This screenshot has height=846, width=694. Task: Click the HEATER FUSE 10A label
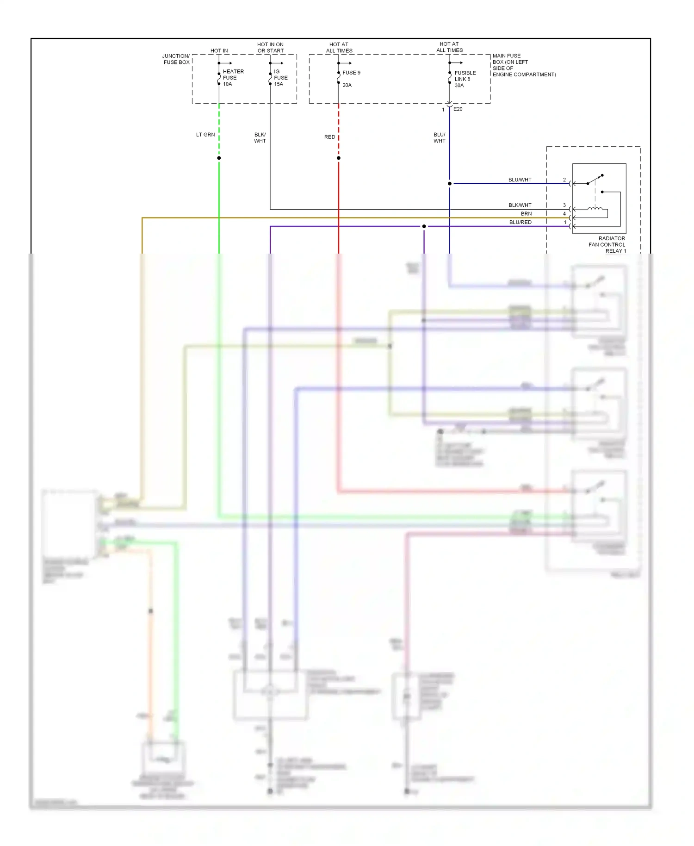pyautogui.click(x=233, y=78)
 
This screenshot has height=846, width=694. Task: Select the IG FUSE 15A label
pyautogui.click(x=280, y=78)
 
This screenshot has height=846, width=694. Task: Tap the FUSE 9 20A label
pyautogui.click(x=351, y=79)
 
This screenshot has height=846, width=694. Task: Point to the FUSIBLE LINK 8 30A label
pyautogui.click(x=465, y=79)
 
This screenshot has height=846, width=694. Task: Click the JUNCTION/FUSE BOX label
pyautogui.click(x=176, y=59)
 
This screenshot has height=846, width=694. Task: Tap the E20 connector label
pyautogui.click(x=458, y=109)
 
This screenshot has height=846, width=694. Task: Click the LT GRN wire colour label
pyautogui.click(x=205, y=135)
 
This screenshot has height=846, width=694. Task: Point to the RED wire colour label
pyautogui.click(x=329, y=137)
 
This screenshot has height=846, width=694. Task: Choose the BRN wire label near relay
pyautogui.click(x=526, y=214)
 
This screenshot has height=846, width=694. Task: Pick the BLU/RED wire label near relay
pyautogui.click(x=520, y=222)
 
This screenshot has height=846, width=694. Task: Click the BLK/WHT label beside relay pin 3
pyautogui.click(x=520, y=205)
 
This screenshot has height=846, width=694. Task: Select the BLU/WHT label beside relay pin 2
pyautogui.click(x=520, y=180)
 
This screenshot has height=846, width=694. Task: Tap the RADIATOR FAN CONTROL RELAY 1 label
pyautogui.click(x=607, y=244)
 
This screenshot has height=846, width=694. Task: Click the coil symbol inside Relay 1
pyautogui.click(x=595, y=209)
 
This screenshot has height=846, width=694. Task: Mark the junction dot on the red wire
pyautogui.click(x=339, y=158)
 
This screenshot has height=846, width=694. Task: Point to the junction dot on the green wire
pyautogui.click(x=219, y=158)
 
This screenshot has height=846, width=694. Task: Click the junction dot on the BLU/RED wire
pyautogui.click(x=424, y=226)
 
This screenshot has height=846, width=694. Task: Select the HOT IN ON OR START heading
pyautogui.click(x=270, y=48)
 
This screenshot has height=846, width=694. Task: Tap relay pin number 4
pyautogui.click(x=564, y=214)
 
